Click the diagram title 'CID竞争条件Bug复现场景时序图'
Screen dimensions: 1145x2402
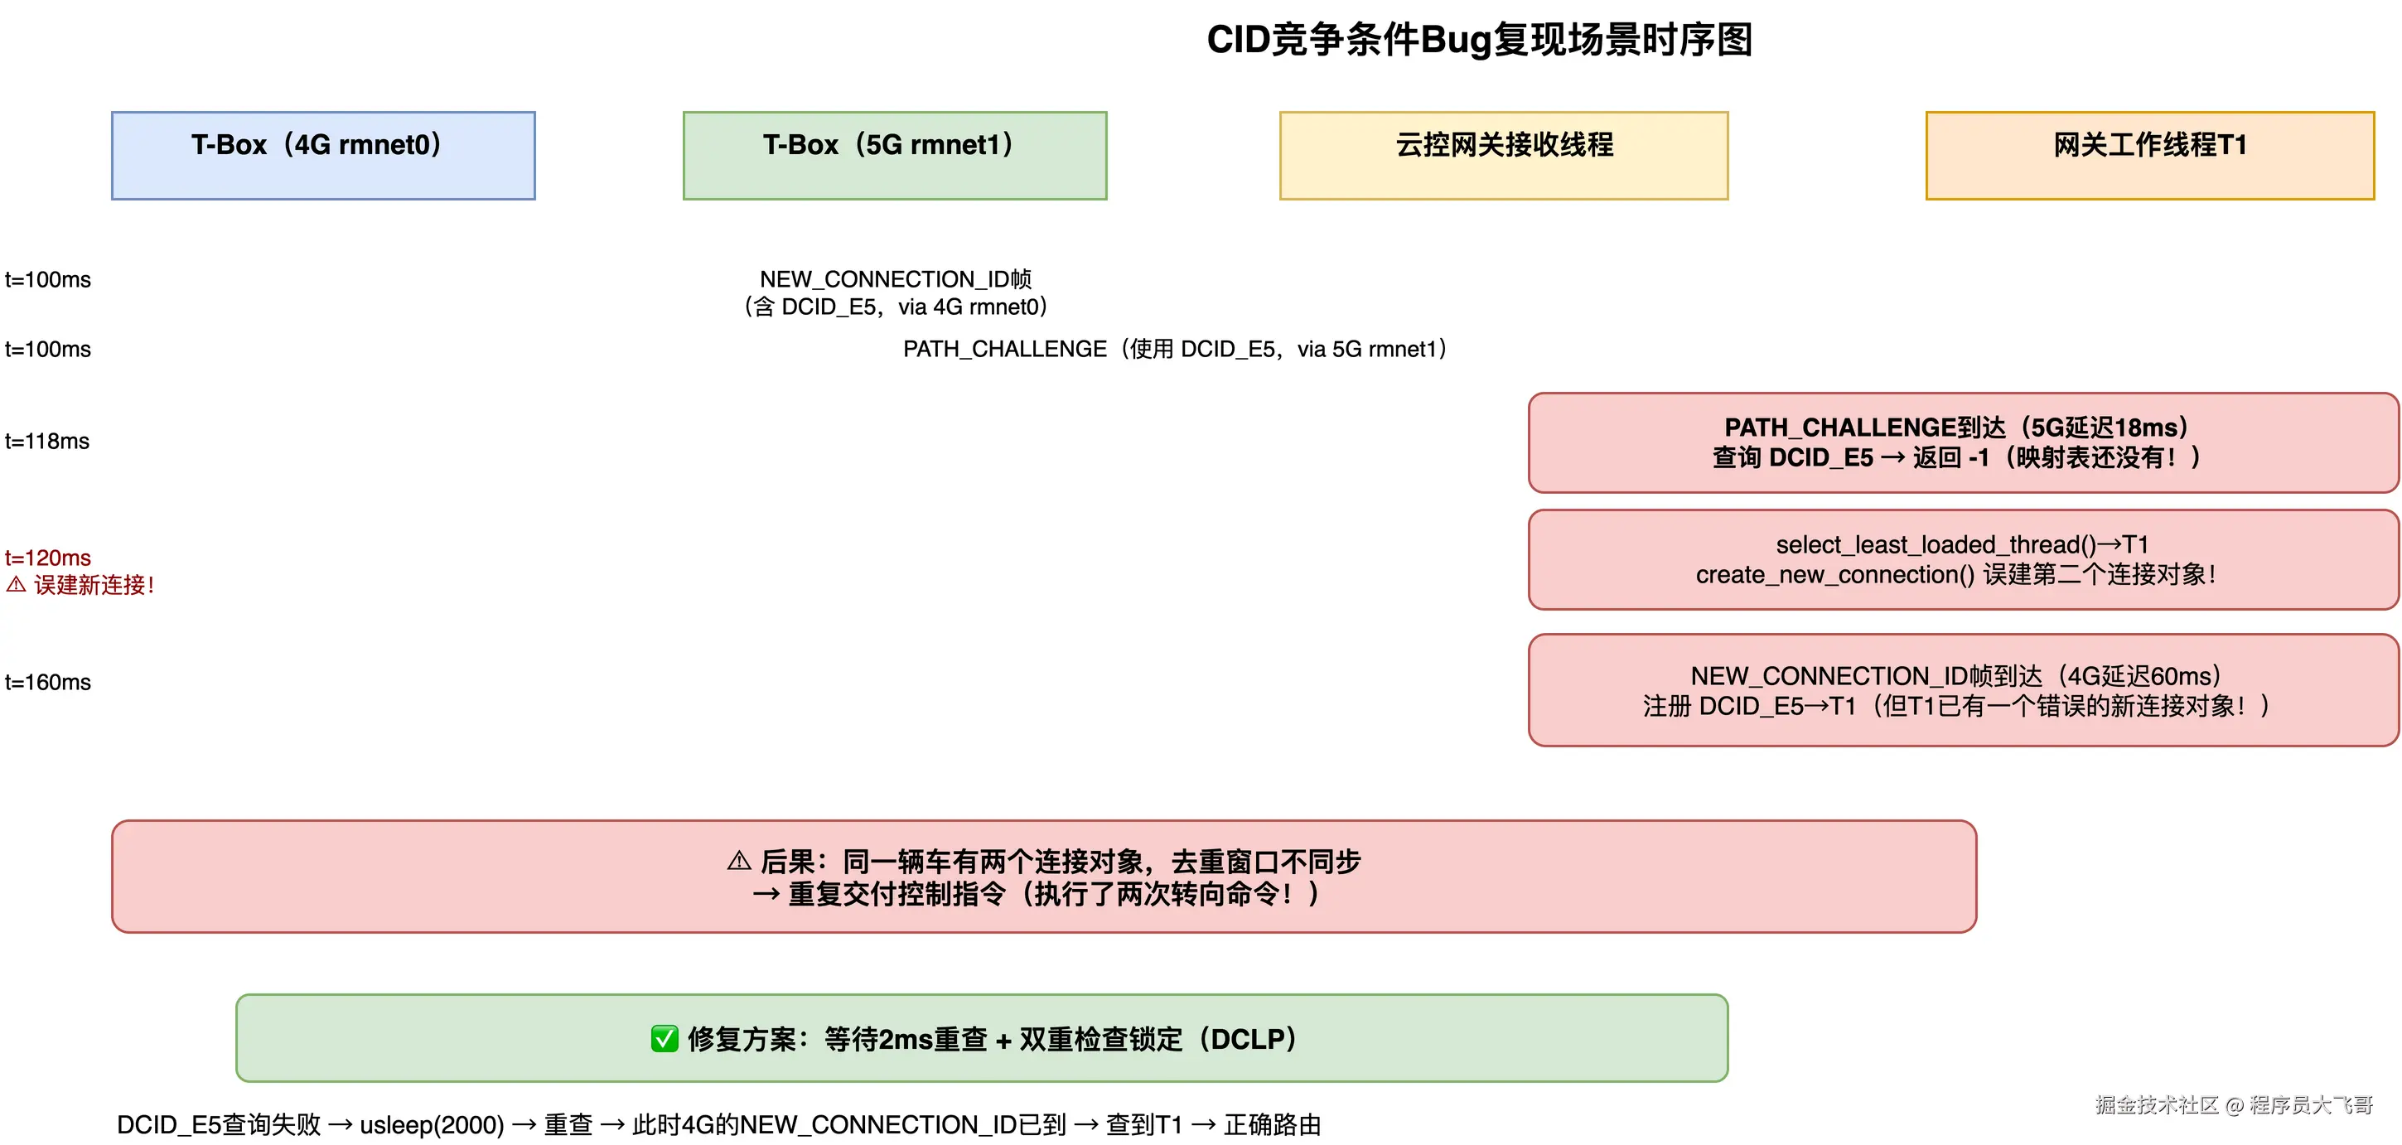(1479, 40)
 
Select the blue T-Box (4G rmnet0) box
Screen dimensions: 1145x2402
(322, 155)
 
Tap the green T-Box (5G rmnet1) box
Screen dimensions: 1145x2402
(894, 155)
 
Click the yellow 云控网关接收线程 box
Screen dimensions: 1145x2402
(1503, 155)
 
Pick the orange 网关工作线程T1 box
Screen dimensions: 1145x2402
(2149, 155)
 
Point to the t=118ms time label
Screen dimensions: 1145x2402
(47, 441)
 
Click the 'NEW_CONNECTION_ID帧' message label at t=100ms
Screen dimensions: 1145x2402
(895, 278)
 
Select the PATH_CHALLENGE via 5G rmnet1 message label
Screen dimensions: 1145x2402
(1175, 349)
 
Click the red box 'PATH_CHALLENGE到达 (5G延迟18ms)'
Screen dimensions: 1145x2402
(1963, 442)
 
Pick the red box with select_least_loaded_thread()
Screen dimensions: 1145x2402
(1963, 559)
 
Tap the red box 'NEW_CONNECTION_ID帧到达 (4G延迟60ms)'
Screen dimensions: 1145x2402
(1963, 690)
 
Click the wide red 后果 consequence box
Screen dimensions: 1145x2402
(1043, 877)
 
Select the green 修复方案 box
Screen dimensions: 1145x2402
(981, 1038)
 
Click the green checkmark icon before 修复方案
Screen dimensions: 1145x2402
(664, 1039)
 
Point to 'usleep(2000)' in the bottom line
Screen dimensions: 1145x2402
(432, 1124)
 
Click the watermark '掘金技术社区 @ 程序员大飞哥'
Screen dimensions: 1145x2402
(2233, 1105)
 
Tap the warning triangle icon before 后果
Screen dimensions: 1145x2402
(739, 861)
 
